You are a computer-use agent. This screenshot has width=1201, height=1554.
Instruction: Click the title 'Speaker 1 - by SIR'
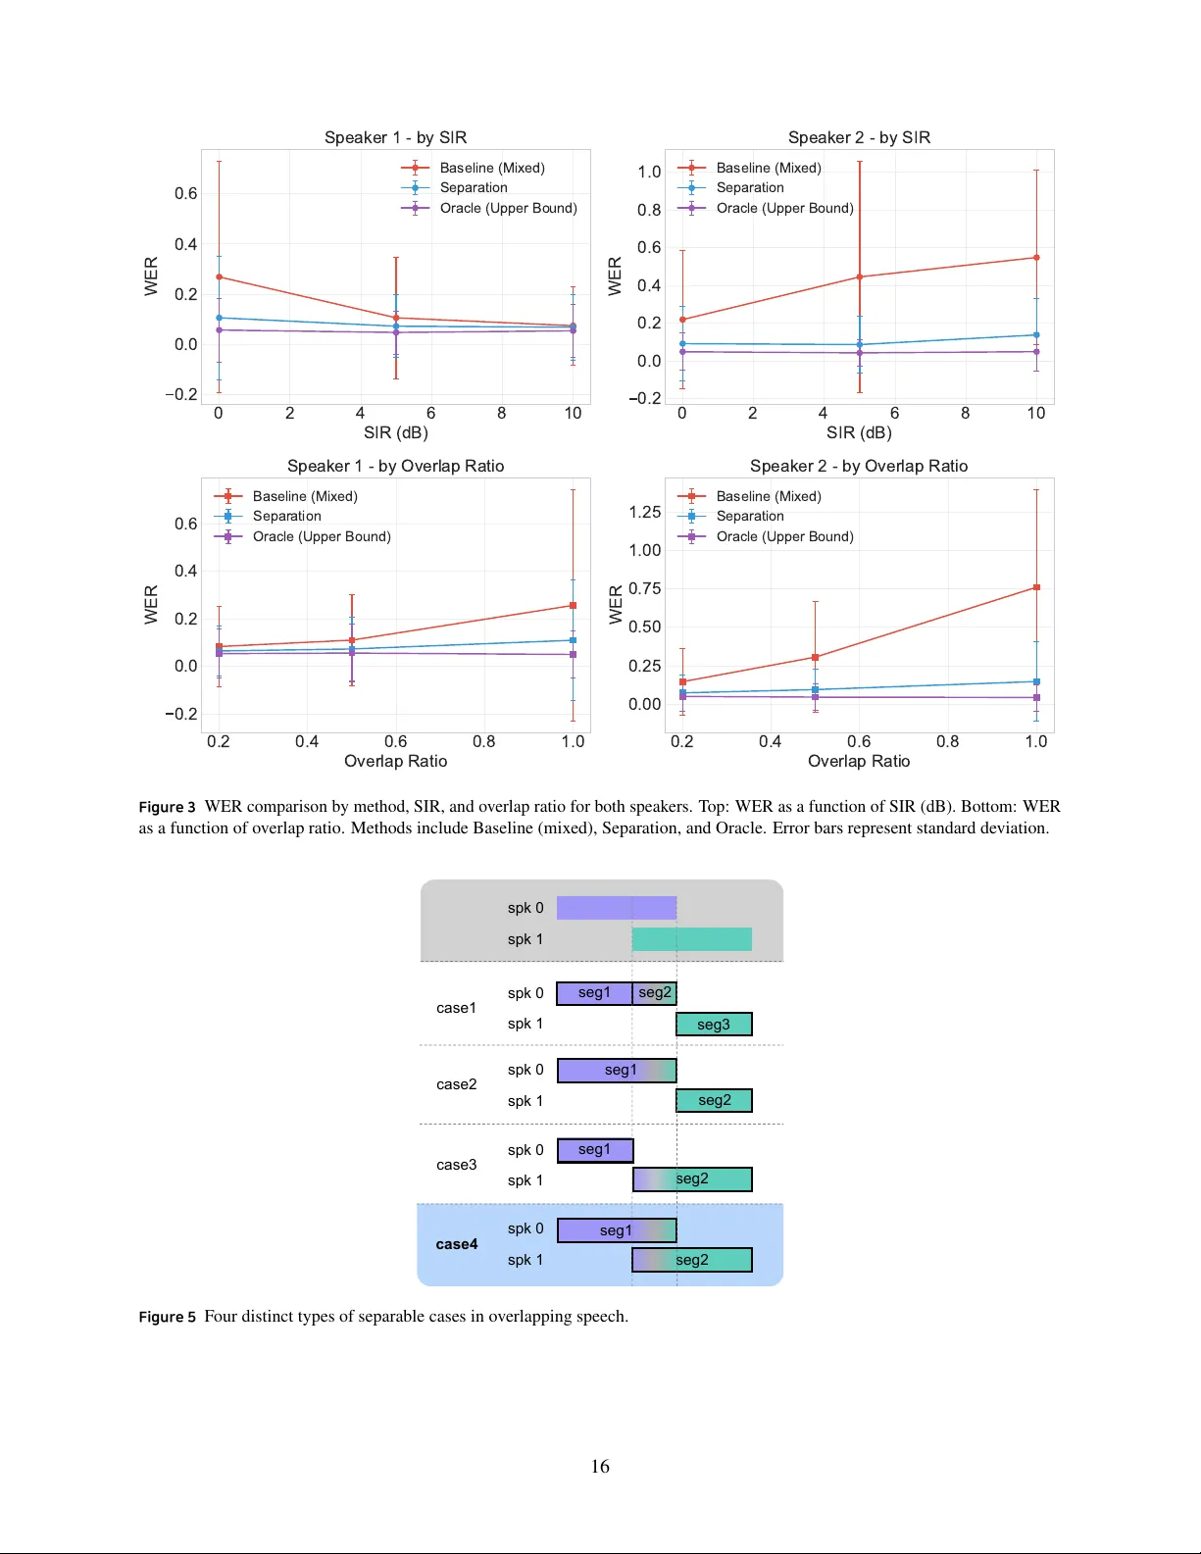pos(395,137)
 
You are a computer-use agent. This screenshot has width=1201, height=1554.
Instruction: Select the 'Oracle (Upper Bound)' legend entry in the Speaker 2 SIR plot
pos(784,208)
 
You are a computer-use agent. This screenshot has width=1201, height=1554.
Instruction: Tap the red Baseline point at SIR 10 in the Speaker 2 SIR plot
pos(1036,258)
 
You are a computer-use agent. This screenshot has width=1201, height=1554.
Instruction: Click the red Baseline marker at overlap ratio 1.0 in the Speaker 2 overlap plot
pos(1036,588)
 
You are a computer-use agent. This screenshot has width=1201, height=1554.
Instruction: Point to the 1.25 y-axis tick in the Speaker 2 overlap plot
pos(644,512)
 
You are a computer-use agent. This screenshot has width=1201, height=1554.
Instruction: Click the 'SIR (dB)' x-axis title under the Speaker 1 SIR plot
pos(395,432)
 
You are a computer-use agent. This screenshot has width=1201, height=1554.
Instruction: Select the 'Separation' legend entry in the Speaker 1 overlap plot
pos(286,516)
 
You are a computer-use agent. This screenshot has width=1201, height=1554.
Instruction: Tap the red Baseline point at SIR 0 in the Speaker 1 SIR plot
pos(219,276)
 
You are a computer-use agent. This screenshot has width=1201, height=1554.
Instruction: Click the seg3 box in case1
pos(714,1025)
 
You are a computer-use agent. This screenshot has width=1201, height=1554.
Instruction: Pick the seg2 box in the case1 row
pos(655,993)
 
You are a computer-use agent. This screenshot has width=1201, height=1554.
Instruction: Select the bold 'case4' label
pos(457,1244)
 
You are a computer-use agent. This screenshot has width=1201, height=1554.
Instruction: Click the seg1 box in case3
pos(595,1150)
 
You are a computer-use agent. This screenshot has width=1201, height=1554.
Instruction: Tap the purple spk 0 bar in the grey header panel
pos(616,908)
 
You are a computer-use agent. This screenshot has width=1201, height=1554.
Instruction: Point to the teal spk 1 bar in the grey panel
pos(691,939)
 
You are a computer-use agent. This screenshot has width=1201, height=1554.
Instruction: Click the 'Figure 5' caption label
pos(167,1317)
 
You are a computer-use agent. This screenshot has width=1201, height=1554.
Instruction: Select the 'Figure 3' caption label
pos(167,807)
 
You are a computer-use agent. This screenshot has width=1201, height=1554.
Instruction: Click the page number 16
pos(600,1467)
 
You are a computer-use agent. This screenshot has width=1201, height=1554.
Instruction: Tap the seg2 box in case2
pos(714,1101)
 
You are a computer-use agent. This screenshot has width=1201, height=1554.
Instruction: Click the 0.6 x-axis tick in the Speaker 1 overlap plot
pos(395,741)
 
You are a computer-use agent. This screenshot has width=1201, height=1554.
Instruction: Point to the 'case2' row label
pos(457,1084)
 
